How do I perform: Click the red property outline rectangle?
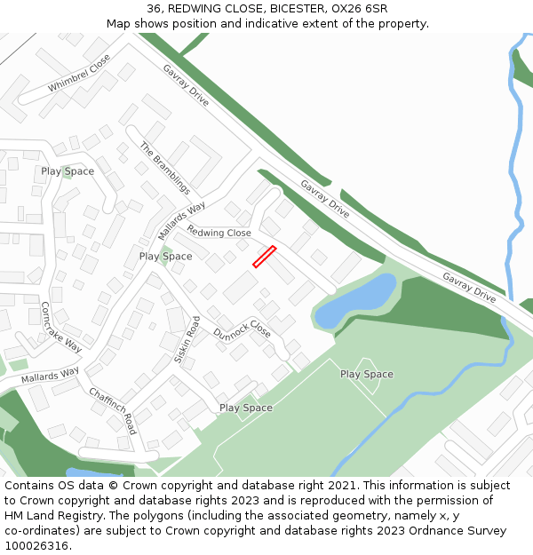[264, 257]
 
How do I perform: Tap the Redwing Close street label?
[219, 233]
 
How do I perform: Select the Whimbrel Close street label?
[79, 74]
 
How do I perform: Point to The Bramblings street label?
[164, 168]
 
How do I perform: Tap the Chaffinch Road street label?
[112, 410]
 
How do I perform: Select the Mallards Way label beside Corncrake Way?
[50, 376]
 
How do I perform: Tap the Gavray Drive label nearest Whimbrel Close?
[186, 85]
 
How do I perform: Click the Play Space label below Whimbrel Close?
[68, 171]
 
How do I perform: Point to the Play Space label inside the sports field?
[366, 374]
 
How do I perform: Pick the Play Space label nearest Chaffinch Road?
[245, 408]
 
